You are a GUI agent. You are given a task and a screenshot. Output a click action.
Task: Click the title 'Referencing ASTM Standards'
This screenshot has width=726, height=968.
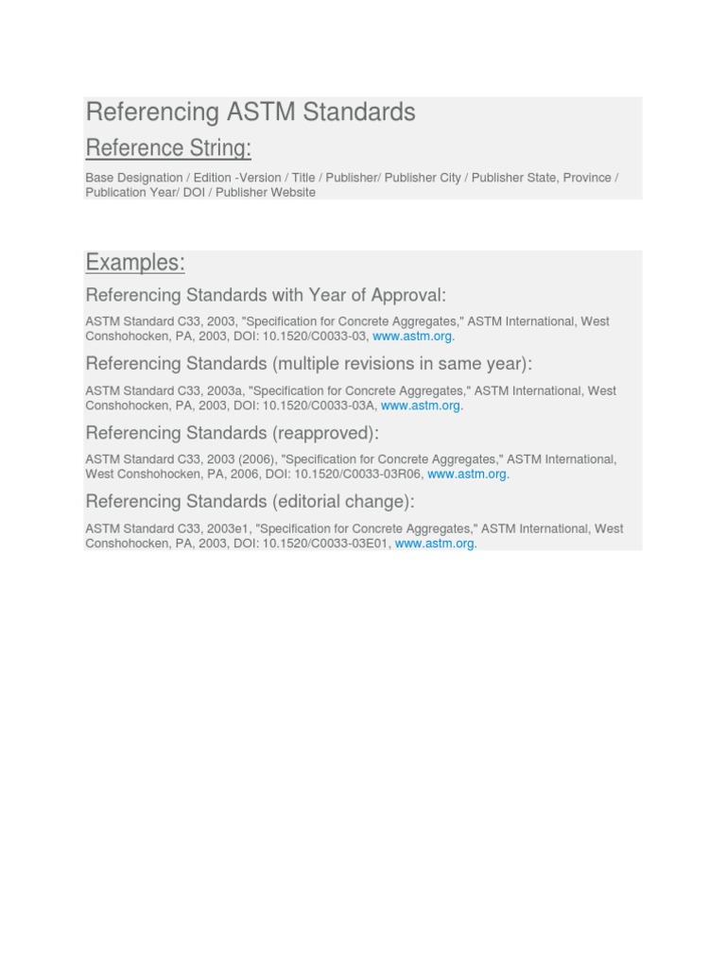tap(251, 112)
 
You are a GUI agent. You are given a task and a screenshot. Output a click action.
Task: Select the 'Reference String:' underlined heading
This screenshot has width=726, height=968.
tap(168, 148)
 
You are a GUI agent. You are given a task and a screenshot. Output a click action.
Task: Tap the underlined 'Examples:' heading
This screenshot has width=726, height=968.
tap(135, 262)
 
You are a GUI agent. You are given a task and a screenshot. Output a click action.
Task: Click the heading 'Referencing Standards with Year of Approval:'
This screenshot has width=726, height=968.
tap(266, 295)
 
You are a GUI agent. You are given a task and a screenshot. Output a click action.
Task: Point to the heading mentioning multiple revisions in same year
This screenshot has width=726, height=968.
tap(309, 364)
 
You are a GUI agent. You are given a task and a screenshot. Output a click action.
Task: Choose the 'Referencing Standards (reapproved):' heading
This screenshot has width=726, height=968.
tap(232, 433)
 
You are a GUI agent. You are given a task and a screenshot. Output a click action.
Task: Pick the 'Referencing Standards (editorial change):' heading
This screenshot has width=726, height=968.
tap(250, 502)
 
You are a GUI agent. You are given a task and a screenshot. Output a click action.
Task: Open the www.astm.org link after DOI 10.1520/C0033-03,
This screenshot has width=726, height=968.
tap(412, 337)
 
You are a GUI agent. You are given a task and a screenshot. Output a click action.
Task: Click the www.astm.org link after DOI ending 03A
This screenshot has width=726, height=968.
tap(421, 406)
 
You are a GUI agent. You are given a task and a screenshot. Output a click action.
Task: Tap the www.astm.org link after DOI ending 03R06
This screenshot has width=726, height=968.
tap(467, 475)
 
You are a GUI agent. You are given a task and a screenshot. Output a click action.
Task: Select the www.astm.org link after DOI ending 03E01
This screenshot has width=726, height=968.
tap(434, 544)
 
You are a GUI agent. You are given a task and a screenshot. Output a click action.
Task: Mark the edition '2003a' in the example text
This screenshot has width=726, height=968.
tap(227, 390)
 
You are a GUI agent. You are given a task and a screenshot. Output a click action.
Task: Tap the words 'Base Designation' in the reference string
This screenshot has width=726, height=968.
tap(134, 178)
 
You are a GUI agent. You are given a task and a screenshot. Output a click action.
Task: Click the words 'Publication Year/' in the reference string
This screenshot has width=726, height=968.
tap(132, 192)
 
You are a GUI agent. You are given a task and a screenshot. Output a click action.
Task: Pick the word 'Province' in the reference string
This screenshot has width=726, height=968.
tap(587, 178)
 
